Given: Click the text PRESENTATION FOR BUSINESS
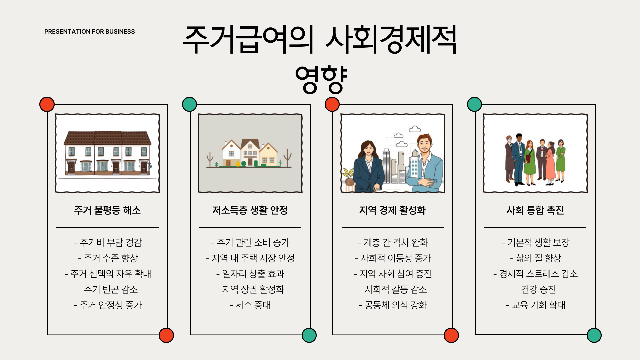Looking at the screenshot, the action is click(x=89, y=32).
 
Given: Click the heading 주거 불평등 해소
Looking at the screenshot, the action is click(x=107, y=210).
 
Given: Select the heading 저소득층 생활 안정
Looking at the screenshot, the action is click(x=250, y=210).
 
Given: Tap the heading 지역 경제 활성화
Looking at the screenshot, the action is click(x=392, y=210).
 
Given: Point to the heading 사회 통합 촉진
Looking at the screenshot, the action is click(x=535, y=210).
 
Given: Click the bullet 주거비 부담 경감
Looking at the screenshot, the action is click(x=108, y=242).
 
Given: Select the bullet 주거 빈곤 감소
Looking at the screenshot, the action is click(x=108, y=289).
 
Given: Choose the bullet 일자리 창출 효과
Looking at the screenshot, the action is click(x=250, y=274).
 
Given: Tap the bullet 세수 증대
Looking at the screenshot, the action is click(x=250, y=305).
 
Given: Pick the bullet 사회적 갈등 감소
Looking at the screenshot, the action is click(x=393, y=289).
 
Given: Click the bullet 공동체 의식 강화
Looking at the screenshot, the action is click(x=393, y=305).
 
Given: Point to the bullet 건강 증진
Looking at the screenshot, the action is click(x=535, y=289).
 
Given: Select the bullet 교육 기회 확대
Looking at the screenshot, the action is click(x=535, y=305).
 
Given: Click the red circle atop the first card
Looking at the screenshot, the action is click(x=47, y=104).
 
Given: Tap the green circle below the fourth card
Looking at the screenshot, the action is click(x=594, y=335).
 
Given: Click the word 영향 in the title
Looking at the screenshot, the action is click(x=321, y=79).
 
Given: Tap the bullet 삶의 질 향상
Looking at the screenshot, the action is click(x=535, y=258).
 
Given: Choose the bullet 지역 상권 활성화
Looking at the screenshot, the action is click(x=250, y=289).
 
